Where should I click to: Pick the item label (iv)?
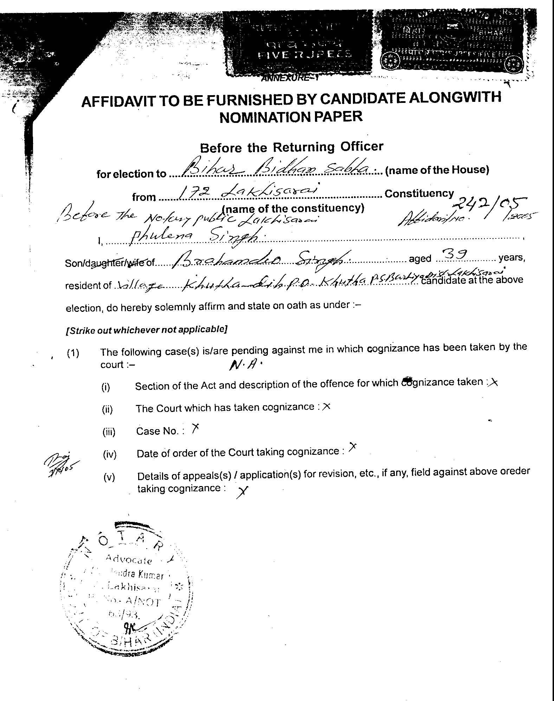coord(109,454)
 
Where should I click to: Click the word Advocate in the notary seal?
coord(128,559)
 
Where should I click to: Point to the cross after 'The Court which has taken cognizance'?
coord(326,406)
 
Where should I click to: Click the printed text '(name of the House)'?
coord(437,170)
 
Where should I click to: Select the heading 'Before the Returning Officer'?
coord(291,147)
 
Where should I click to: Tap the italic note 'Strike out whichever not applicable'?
coord(146,330)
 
